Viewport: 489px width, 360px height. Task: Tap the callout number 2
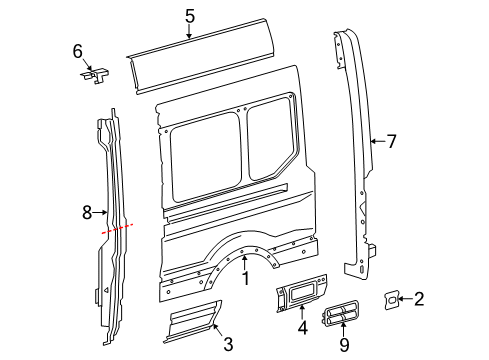point(419,298)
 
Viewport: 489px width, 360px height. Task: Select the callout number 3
point(228,345)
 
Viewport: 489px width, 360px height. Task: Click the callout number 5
point(190,15)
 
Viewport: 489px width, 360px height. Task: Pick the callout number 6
point(77,51)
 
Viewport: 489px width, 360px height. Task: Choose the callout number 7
point(391,141)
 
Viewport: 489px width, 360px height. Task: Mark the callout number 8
point(85,212)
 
